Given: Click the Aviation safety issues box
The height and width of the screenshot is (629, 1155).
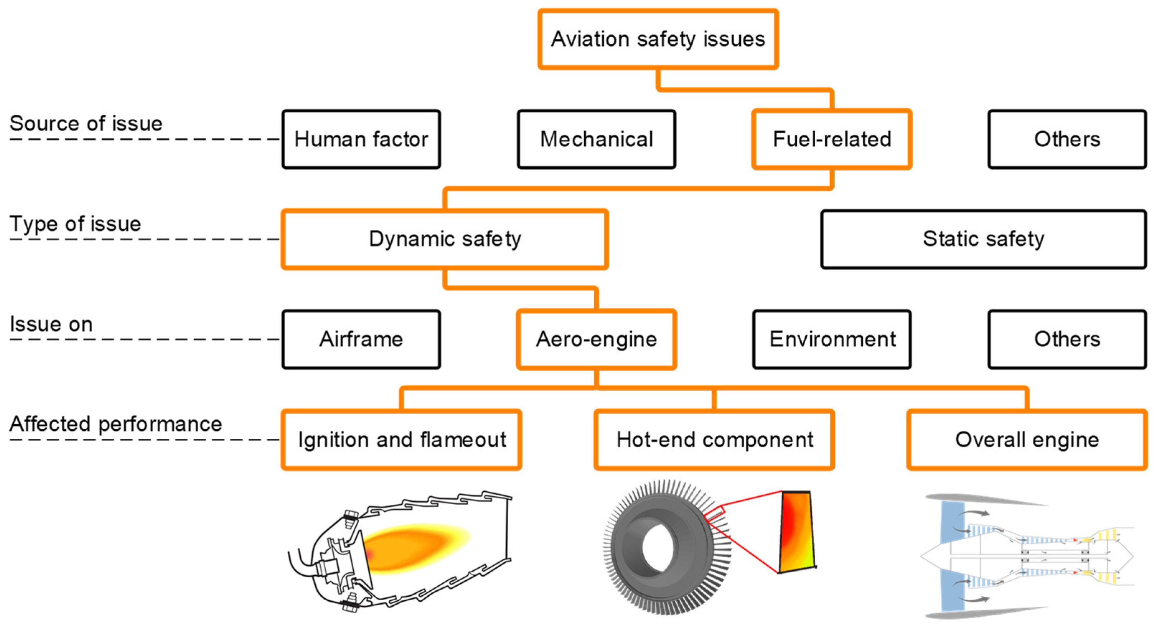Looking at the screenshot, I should [x=658, y=39].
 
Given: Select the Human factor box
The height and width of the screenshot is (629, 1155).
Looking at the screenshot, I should [x=361, y=139].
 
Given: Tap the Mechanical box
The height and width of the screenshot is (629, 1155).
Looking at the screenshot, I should [x=596, y=139].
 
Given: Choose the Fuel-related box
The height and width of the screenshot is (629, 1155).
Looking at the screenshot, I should [x=832, y=139].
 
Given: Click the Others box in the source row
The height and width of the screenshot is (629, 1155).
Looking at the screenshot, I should [x=1067, y=139].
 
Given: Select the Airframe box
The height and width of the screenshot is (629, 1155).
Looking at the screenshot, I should [x=361, y=339].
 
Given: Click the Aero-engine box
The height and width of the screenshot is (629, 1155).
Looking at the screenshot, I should [x=596, y=339].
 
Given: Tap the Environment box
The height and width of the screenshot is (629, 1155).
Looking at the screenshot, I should [x=832, y=339].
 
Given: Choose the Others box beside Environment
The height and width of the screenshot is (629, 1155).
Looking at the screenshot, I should [x=1067, y=339].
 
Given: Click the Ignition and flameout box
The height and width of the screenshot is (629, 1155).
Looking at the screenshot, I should [x=401, y=439].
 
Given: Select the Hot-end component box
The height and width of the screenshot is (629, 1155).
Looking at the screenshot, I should [x=714, y=439].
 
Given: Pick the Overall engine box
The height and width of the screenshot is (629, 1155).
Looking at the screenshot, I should [x=1027, y=439].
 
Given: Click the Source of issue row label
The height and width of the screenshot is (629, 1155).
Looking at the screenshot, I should [x=86, y=124].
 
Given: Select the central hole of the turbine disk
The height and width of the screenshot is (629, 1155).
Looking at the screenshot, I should [x=658, y=548].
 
